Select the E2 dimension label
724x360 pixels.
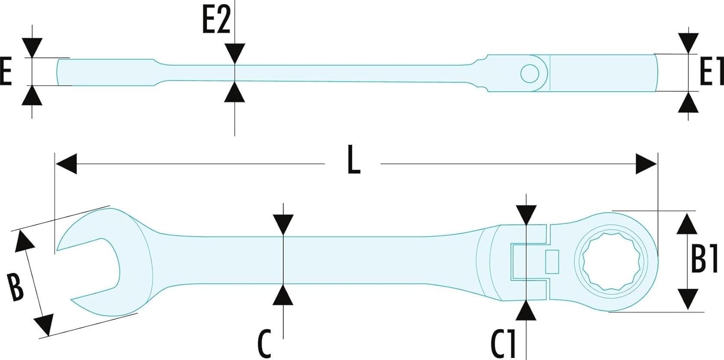coord(216,21)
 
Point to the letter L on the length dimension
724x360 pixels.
coord(353,164)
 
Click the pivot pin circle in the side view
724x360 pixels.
coord(530,73)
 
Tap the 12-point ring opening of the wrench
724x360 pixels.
coord(609,262)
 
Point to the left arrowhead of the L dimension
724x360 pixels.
coord(66,164)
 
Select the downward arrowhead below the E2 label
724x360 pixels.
coord(235,53)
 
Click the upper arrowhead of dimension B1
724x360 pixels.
coord(688,224)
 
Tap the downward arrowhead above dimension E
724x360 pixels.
coord(32,48)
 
